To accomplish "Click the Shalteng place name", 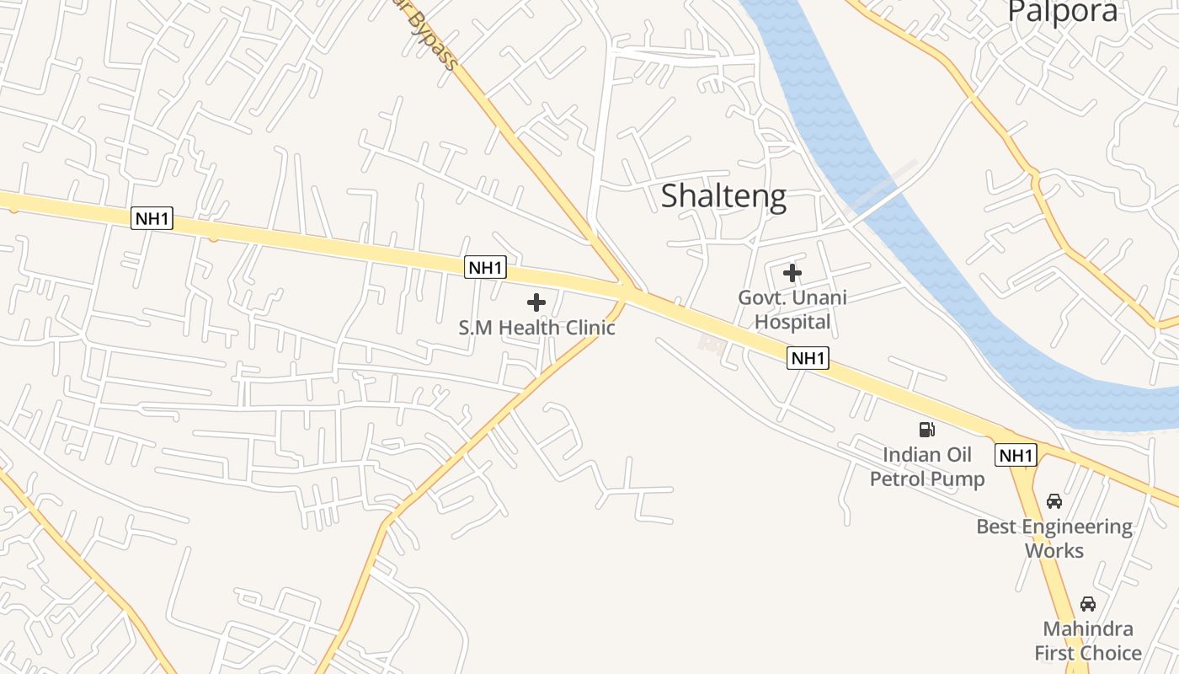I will (723, 195).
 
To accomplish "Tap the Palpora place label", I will (1063, 11).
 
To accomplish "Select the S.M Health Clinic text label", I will (536, 327).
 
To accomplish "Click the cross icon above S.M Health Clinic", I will (536, 302).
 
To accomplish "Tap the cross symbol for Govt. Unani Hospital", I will (792, 273).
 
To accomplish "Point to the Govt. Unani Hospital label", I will (792, 309).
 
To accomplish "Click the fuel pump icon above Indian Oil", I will (927, 430).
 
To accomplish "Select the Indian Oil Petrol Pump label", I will (927, 467).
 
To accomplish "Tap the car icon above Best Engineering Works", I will (1054, 501).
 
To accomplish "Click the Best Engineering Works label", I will (1054, 538).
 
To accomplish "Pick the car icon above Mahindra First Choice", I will (1088, 604).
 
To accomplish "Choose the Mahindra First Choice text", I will (1088, 641).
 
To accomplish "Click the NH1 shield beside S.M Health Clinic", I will (485, 268).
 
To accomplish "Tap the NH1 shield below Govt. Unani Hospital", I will (808, 358).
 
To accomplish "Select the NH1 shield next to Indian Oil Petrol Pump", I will (1015, 456).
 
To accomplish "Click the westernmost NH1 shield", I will (152, 219).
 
